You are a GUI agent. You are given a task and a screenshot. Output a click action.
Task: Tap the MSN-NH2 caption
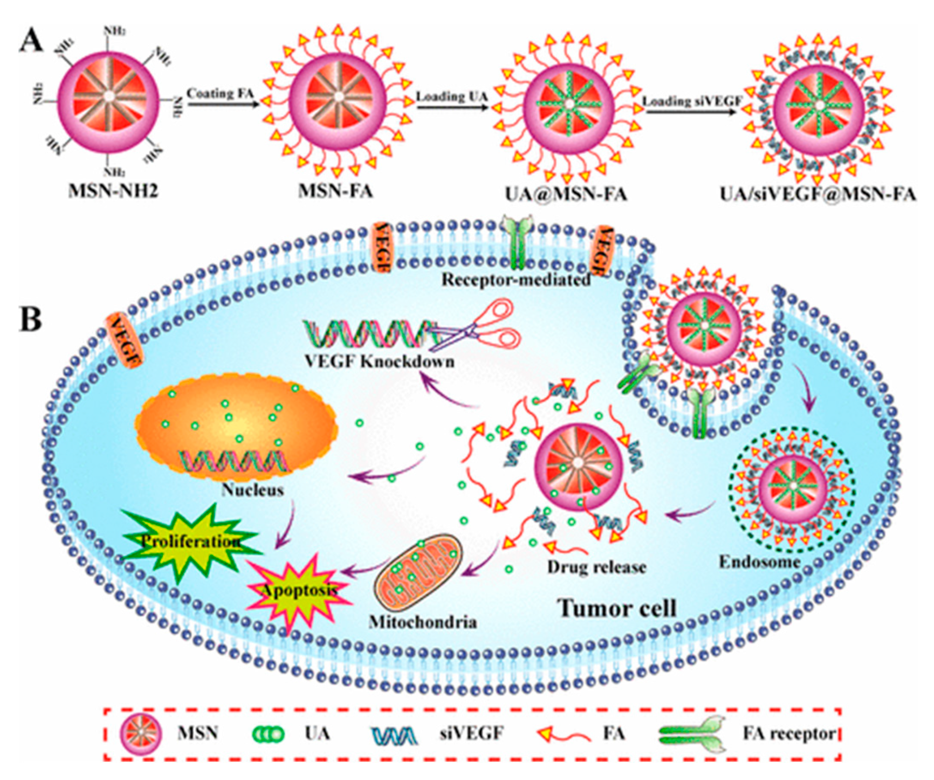(113, 192)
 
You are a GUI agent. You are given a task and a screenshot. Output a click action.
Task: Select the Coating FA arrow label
(220, 93)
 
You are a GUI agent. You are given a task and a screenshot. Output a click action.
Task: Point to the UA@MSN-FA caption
(566, 194)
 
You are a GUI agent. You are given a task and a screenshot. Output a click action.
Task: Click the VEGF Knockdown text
(379, 361)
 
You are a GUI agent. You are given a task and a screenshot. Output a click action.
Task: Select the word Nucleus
(253, 490)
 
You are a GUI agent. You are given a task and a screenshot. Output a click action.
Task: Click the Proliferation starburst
(191, 541)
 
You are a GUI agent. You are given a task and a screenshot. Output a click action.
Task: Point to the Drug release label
(596, 567)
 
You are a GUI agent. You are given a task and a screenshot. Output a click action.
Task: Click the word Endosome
(759, 562)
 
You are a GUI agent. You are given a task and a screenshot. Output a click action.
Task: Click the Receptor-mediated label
(516, 279)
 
